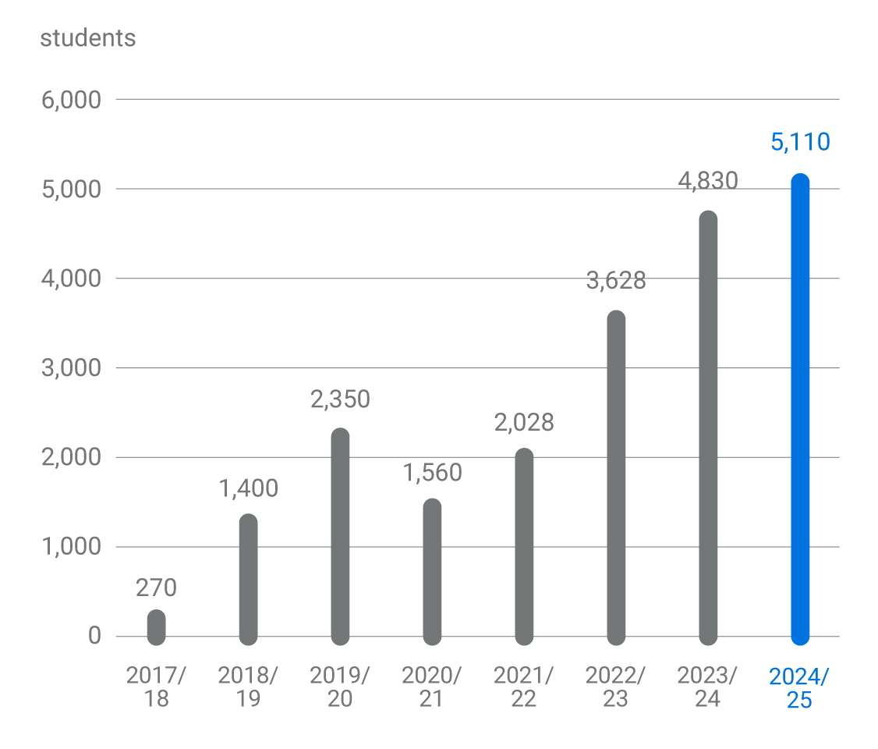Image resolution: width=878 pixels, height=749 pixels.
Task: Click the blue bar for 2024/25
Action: pos(800,410)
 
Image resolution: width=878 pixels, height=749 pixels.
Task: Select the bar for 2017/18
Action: pos(156,627)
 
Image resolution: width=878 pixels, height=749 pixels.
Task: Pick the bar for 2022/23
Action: pos(616,477)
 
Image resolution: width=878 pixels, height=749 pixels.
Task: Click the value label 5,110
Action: pos(800,142)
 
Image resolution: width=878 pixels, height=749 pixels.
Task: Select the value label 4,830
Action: pos(708,180)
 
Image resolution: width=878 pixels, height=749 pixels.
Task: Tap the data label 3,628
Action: pos(616,280)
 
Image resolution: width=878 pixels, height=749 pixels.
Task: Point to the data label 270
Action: pos(156,587)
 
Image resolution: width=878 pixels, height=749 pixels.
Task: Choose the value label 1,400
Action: pos(248,488)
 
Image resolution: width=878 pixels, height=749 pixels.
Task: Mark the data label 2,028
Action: pos(524,422)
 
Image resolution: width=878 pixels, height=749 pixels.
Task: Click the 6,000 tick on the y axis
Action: pos(71,100)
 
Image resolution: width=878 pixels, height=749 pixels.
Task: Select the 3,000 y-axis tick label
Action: pos(71,367)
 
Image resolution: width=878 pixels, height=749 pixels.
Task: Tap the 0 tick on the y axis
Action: pos(94,636)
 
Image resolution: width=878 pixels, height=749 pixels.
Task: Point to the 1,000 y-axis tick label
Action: pos(71,546)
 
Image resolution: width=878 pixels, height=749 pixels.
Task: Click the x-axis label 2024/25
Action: pos(800,687)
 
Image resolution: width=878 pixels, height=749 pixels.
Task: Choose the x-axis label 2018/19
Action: pos(248,687)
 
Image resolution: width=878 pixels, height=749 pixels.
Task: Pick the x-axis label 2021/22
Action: pos(524,687)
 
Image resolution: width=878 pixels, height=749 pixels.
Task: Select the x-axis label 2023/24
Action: pos(708,687)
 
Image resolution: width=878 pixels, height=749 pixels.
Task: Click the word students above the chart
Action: pos(87,38)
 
